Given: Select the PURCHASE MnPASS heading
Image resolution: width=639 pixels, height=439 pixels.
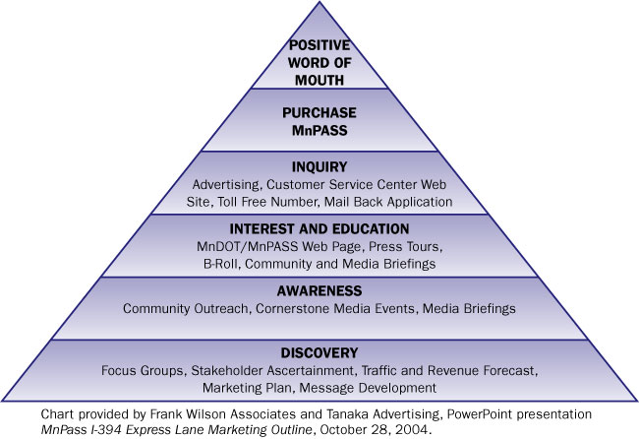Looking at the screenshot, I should click(x=319, y=120).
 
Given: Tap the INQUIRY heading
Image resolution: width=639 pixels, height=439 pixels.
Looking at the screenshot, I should click(x=319, y=168).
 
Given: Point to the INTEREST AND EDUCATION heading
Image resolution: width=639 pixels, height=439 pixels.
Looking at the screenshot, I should click(x=319, y=229).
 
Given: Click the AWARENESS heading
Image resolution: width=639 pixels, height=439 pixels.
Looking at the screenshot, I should click(x=319, y=291).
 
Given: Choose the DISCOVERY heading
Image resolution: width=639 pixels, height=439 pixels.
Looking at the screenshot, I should click(x=319, y=352).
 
